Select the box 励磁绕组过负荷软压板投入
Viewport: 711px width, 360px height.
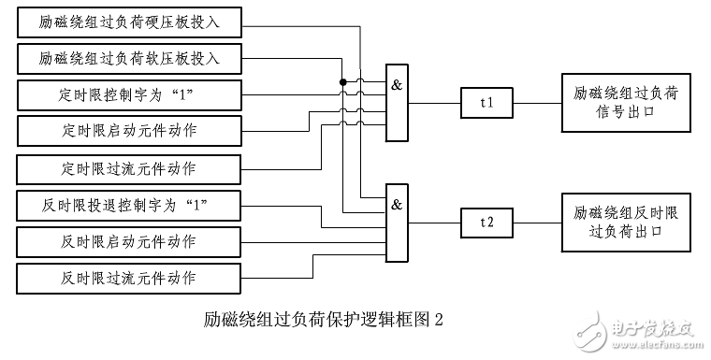click(x=129, y=58)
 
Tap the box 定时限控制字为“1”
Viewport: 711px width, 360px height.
click(x=129, y=94)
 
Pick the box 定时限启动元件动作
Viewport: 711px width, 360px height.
click(x=129, y=131)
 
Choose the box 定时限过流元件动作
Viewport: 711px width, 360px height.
click(x=129, y=168)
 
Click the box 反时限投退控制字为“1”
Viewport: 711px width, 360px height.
click(x=129, y=204)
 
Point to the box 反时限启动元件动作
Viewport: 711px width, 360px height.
click(x=129, y=240)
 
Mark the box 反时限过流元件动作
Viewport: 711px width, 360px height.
click(x=129, y=278)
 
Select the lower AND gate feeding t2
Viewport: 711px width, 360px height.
click(x=398, y=224)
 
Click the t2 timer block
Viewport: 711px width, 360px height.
click(x=486, y=223)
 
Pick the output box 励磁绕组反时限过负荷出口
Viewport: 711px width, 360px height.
click(x=624, y=223)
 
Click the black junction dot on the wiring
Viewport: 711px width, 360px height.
click(x=343, y=83)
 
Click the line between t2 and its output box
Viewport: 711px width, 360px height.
click(x=537, y=223)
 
